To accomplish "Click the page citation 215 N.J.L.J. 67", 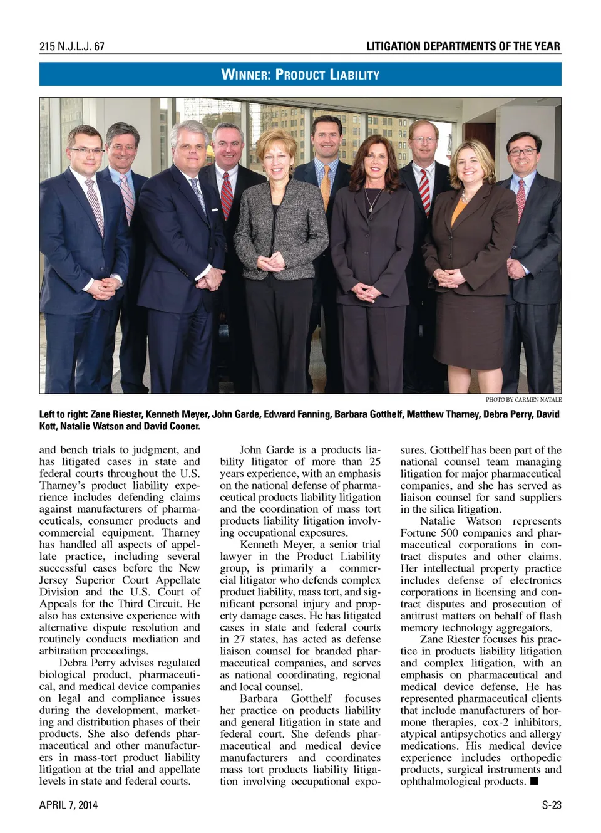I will coord(71,46).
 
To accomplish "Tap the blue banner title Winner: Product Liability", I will coord(300,75).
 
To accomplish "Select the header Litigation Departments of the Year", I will coord(463,46).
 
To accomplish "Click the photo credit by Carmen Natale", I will coord(523,399).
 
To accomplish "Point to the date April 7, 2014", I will coord(68,805).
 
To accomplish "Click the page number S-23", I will coord(551,805).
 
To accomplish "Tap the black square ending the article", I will coord(534,781).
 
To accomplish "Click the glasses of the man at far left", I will coord(86,151).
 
